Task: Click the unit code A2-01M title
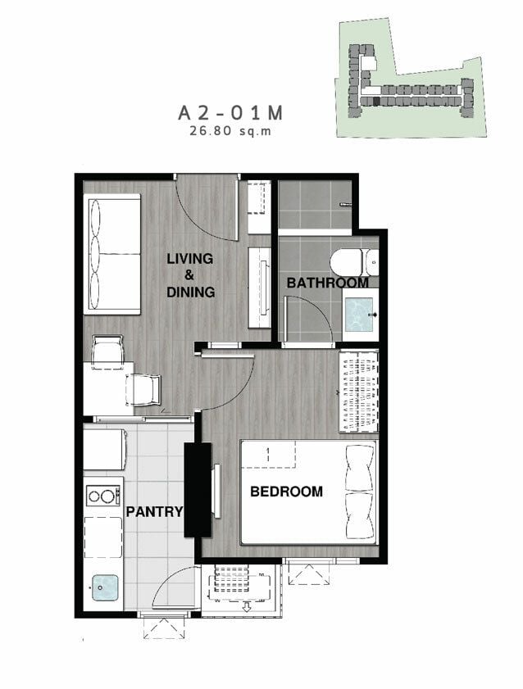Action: [230, 113]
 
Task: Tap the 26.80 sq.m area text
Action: [230, 131]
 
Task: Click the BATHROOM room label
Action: [327, 283]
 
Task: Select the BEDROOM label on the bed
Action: [286, 491]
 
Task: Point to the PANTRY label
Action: [154, 511]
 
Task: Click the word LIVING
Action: [190, 259]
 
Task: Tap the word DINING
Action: [191, 292]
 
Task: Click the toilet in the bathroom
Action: [354, 262]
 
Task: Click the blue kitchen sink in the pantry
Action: [105, 587]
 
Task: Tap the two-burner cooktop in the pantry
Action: [102, 496]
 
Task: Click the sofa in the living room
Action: [112, 254]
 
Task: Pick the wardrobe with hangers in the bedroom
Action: [358, 391]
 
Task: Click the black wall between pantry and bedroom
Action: [198, 489]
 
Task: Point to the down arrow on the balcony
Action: [247, 608]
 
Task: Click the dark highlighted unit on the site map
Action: [375, 102]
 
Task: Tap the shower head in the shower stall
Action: [346, 204]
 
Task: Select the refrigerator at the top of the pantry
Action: [105, 450]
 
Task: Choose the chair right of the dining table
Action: [143, 389]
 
